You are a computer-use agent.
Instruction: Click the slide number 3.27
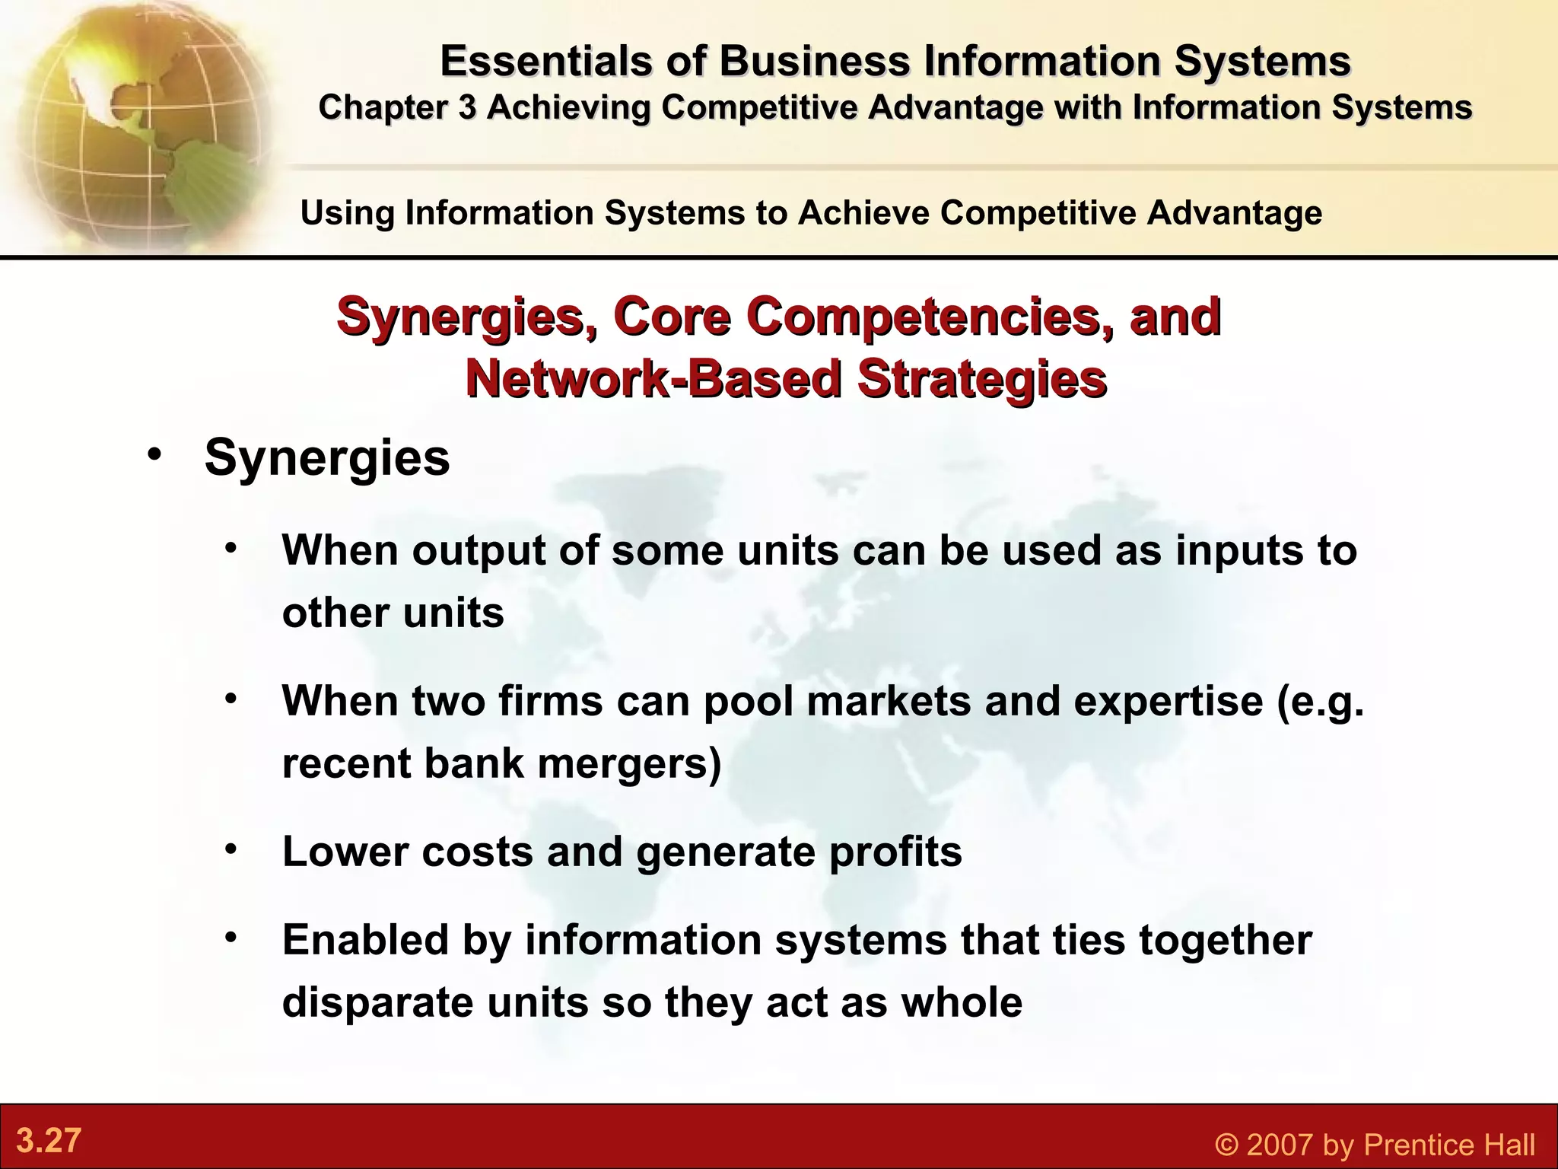49,1141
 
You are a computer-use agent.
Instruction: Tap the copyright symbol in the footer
1226,1145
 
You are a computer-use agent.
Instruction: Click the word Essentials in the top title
545,61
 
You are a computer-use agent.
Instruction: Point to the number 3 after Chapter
466,107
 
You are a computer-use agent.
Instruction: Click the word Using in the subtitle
347,212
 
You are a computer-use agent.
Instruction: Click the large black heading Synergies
327,457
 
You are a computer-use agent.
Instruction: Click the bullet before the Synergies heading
155,454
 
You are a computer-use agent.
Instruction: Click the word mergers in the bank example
628,763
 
